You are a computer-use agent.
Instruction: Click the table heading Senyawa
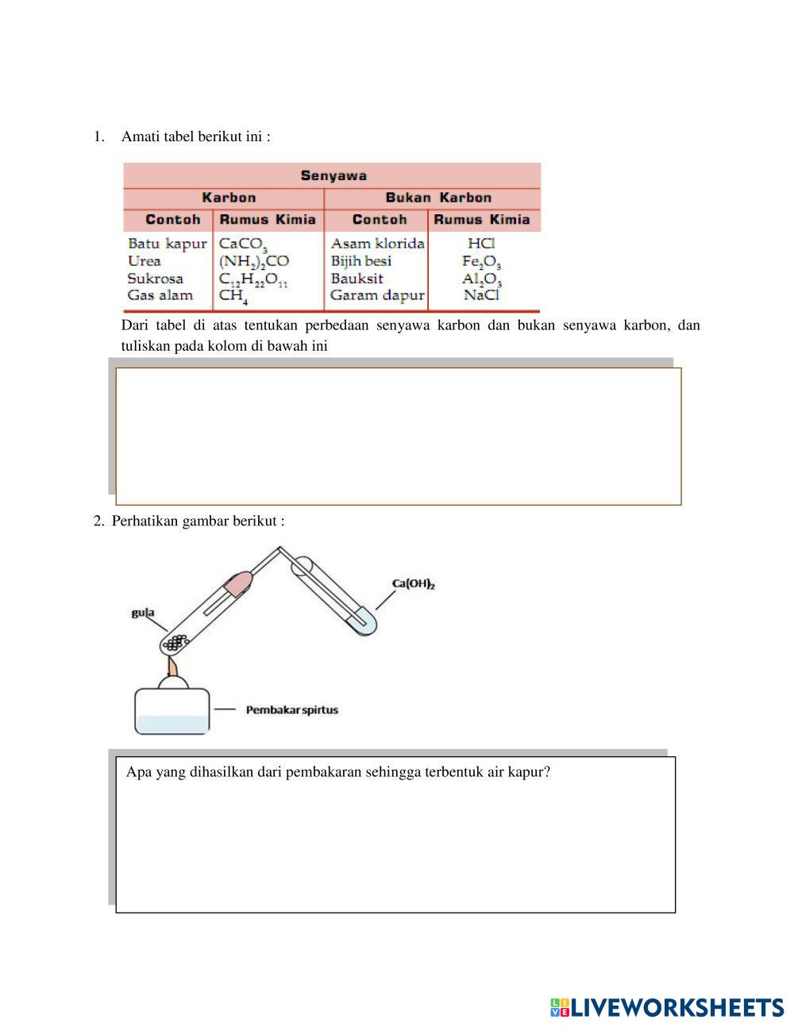point(333,175)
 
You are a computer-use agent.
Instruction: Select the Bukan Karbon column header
point(438,198)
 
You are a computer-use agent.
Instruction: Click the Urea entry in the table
point(145,261)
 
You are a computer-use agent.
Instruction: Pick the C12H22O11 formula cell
point(253,279)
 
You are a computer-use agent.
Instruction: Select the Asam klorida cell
point(377,243)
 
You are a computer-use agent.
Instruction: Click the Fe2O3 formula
point(481,261)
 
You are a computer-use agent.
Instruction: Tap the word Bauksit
point(357,279)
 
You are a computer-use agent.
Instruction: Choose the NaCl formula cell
point(481,295)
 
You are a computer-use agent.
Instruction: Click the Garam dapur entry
point(377,295)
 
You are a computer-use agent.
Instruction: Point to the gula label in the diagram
point(143,613)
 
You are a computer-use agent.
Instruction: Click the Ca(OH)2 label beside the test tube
point(414,584)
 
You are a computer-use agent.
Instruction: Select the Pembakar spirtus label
point(291,710)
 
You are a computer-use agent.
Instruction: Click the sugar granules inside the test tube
point(178,640)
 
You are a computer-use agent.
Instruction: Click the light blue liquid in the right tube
point(363,623)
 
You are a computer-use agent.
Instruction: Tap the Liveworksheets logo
point(666,1007)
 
